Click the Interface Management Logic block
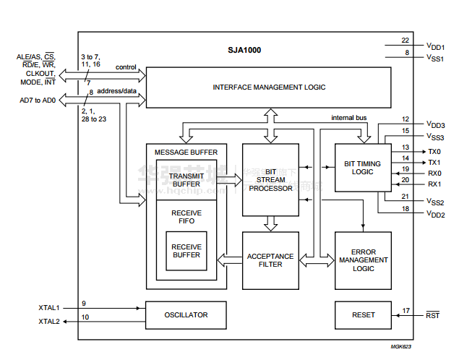point(269,87)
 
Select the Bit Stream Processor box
point(270,179)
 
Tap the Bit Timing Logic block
point(363,167)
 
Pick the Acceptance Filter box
point(270,260)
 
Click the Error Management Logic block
point(363,260)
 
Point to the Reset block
point(363,314)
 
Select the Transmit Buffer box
point(186,179)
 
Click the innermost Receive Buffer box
point(186,251)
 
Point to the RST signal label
point(432,315)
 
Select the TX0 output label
point(434,152)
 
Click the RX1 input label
point(434,184)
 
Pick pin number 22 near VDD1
point(406,40)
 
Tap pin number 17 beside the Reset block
point(406,311)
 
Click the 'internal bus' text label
point(349,117)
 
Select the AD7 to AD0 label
point(38,100)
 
